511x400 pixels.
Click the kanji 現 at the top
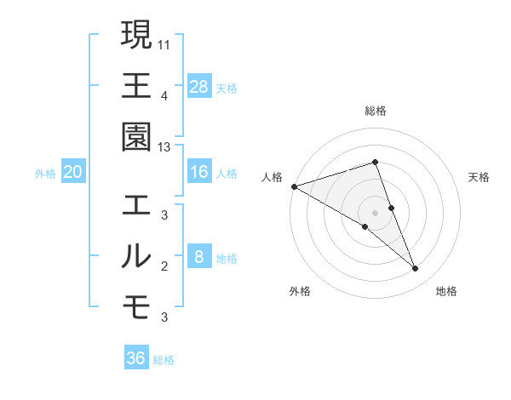tap(136, 35)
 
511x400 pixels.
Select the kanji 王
tap(136, 85)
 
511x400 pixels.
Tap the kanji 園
tap(136, 136)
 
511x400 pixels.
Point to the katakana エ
tap(136, 205)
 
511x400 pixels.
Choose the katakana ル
tap(136, 256)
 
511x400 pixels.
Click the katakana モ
tap(136, 306)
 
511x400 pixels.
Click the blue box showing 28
tap(199, 86)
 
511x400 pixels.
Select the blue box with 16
tap(199, 173)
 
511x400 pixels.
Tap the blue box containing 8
tap(199, 256)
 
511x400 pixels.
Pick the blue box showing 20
tap(72, 173)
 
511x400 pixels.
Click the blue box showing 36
tap(136, 358)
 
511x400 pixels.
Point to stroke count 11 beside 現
tap(164, 43)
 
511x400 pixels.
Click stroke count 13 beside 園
tap(164, 147)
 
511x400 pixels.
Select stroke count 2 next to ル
tap(164, 266)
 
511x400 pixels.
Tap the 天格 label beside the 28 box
tap(227, 88)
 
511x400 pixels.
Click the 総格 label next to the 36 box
tap(164, 360)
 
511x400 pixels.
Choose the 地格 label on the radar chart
tap(446, 291)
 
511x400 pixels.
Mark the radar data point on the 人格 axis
tap(294, 186)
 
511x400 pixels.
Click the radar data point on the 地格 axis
tap(416, 269)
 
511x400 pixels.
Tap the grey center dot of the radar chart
tap(375, 212)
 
